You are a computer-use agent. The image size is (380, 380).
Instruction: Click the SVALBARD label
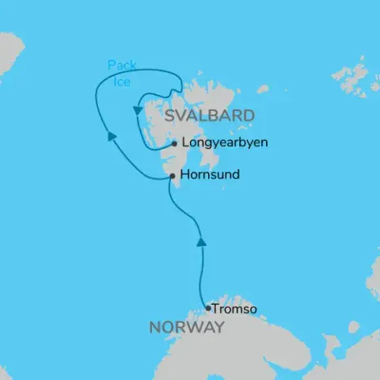click(x=209, y=116)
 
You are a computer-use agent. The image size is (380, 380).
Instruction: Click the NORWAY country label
click(x=185, y=328)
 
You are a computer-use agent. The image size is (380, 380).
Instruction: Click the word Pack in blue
click(x=120, y=64)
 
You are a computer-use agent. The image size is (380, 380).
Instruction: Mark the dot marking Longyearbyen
click(x=174, y=144)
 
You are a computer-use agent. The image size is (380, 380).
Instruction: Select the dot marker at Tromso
click(x=207, y=309)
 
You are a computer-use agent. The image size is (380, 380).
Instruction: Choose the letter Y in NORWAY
click(x=218, y=328)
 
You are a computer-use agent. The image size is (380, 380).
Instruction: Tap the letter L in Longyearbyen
click(x=184, y=144)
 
